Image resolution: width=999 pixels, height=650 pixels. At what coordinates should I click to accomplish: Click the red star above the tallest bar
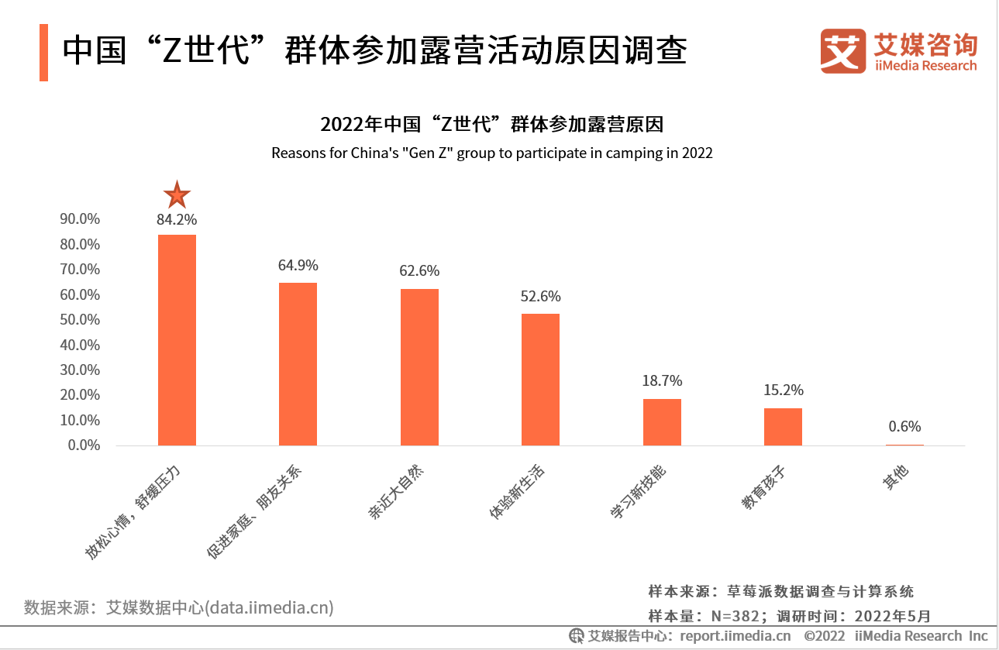(177, 195)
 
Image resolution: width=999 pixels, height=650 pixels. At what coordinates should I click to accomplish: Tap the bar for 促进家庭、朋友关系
(298, 364)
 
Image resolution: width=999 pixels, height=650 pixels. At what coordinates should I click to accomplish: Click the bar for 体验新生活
(540, 380)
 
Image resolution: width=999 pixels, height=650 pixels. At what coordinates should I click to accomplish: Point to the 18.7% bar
(662, 422)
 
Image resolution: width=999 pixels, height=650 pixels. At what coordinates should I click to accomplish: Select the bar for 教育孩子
(783, 427)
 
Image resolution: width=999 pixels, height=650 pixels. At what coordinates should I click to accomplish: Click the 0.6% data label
(904, 426)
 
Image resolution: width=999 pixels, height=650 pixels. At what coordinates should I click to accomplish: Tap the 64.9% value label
(298, 265)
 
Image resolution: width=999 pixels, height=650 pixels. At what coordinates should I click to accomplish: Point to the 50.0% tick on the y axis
(80, 320)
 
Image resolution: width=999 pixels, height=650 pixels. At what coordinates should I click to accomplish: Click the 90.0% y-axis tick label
(80, 219)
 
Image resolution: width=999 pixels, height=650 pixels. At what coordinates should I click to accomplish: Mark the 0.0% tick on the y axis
(83, 445)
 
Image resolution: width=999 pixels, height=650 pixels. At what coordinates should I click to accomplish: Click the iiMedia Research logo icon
(842, 52)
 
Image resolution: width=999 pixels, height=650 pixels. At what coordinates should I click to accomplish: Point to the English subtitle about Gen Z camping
(491, 153)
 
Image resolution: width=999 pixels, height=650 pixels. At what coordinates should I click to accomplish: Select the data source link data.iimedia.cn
(269, 607)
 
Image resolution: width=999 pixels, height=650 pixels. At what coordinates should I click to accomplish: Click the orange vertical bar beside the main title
(43, 53)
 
